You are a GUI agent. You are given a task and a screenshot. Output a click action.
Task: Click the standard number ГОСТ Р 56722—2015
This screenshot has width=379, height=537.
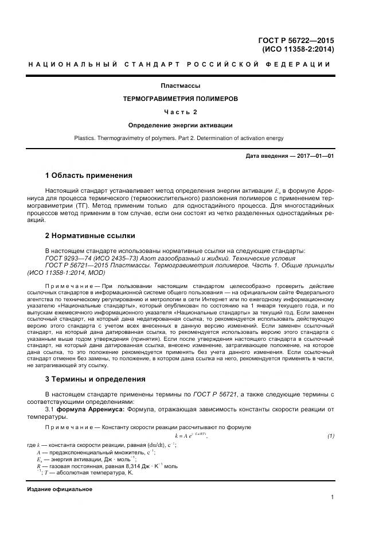pos(297,40)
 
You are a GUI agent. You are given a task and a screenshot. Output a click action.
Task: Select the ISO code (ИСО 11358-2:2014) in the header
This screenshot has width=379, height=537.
pos(298,49)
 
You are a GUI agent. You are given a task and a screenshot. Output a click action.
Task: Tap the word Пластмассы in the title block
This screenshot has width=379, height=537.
pos(180,86)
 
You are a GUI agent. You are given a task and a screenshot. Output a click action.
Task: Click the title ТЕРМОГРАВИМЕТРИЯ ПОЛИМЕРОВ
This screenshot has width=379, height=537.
pos(180,99)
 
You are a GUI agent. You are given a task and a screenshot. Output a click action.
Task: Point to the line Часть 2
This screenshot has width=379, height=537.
pos(180,111)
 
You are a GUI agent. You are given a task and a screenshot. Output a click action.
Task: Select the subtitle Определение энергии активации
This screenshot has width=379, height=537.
pos(180,124)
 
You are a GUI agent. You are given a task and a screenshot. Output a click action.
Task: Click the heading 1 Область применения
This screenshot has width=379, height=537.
pos(88,175)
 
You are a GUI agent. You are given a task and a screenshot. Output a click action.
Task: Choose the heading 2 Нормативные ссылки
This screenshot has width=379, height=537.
pos(90,236)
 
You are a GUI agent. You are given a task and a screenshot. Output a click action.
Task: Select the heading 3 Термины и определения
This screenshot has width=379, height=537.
pos(95,379)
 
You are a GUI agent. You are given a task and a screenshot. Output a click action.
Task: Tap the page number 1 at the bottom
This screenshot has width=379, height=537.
pos(332,497)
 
